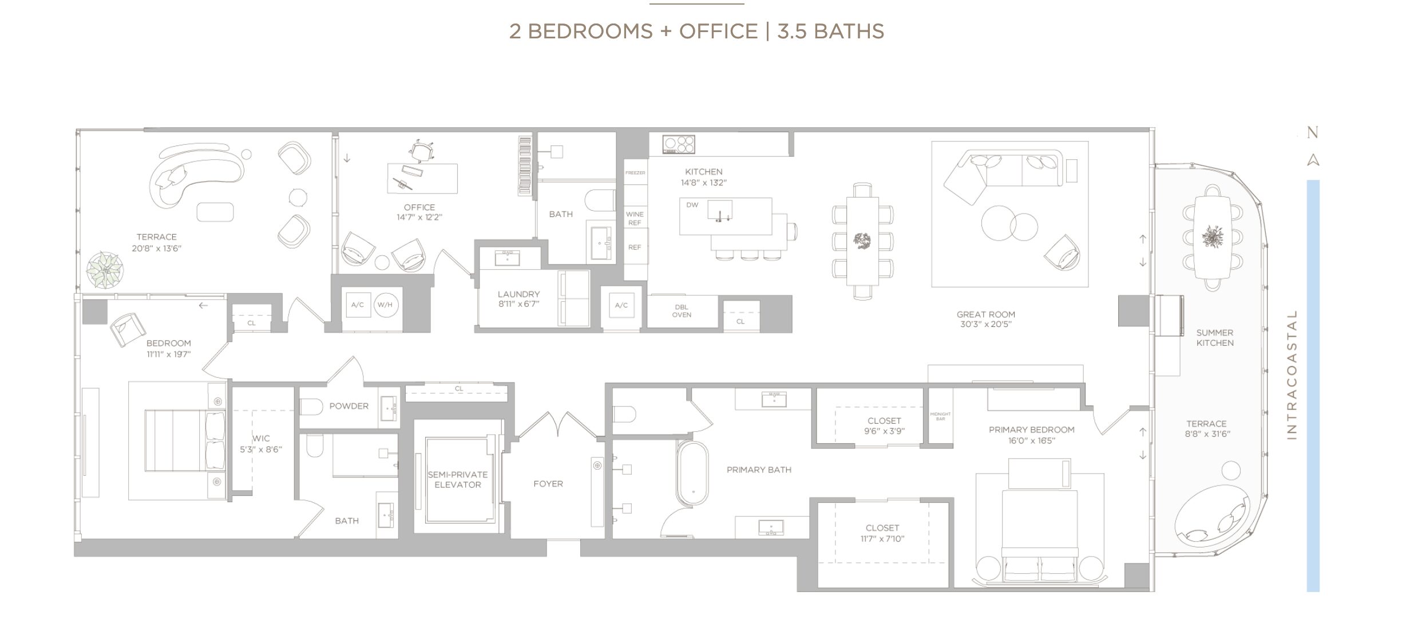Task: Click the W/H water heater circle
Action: [x=386, y=305]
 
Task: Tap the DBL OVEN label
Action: [x=682, y=311]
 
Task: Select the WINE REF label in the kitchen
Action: [x=635, y=218]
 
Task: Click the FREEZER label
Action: [x=635, y=173]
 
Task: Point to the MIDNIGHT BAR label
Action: [x=940, y=416]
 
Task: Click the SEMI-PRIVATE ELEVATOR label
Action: [x=458, y=479]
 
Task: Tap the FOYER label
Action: [x=548, y=484]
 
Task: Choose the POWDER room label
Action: [x=349, y=406]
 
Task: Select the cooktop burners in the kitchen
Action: [x=679, y=144]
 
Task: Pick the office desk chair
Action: [x=421, y=151]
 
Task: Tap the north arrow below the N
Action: [x=1313, y=160]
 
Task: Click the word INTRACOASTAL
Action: [x=1292, y=375]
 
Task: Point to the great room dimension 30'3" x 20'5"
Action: [x=986, y=324]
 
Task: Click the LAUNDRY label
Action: [x=518, y=294]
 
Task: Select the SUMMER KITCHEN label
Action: [x=1215, y=338]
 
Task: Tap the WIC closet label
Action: [x=261, y=439]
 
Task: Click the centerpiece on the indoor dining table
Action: [x=862, y=240]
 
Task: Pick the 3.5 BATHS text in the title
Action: [x=830, y=31]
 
